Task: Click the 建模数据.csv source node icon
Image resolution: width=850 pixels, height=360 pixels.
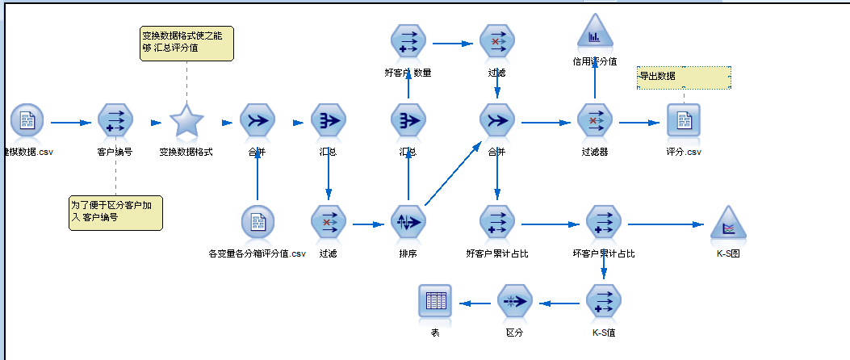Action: pyautogui.click(x=27, y=121)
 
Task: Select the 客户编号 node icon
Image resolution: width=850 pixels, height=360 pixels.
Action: pyautogui.click(x=115, y=121)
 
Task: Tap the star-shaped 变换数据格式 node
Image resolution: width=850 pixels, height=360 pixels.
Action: pyautogui.click(x=186, y=121)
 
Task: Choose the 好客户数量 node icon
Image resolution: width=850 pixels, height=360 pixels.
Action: pyautogui.click(x=408, y=41)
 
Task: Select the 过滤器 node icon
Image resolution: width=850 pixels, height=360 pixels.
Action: pyautogui.click(x=595, y=121)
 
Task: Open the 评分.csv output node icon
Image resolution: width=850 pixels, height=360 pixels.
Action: pyautogui.click(x=684, y=121)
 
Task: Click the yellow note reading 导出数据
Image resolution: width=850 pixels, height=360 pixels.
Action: pyautogui.click(x=684, y=77)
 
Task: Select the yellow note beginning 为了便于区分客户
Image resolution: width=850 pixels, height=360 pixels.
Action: pyautogui.click(x=115, y=212)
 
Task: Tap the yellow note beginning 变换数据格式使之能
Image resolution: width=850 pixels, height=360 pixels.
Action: pyautogui.click(x=186, y=42)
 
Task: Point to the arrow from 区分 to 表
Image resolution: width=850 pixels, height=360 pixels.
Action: pyautogui.click(x=476, y=303)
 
